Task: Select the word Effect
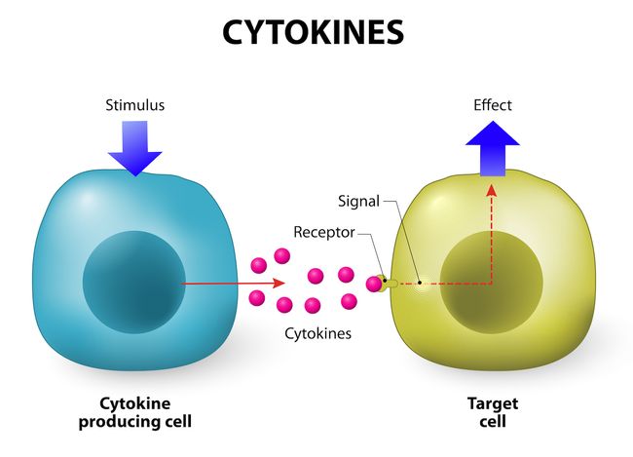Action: (492, 105)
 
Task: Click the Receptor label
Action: (324, 232)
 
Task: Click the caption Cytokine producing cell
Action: (145, 412)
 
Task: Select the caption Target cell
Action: (492, 412)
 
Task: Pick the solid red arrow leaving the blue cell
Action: (234, 284)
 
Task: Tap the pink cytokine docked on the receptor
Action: (374, 284)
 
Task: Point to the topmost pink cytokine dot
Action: (282, 256)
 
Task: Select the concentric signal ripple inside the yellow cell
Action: (419, 285)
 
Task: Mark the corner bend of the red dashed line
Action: (491, 284)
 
